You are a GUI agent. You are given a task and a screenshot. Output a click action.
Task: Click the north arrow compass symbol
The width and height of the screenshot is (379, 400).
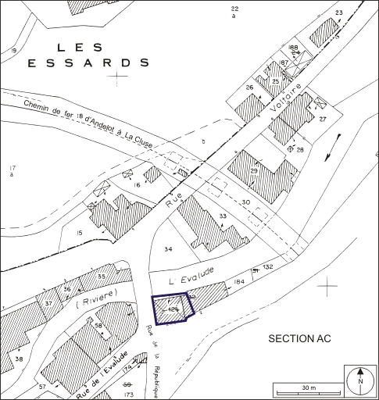click(x=360, y=380)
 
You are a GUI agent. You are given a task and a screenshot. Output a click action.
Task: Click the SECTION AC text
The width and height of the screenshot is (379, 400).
click(x=299, y=338)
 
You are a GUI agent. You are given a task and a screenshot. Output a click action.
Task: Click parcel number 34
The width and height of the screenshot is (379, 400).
click(x=167, y=250)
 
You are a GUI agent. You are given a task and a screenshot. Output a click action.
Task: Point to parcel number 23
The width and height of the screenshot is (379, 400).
click(x=338, y=13)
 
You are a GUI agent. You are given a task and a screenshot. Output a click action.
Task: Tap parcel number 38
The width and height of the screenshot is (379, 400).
click(x=19, y=359)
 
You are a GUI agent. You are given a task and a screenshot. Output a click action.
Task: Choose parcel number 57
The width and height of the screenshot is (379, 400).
click(x=41, y=387)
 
